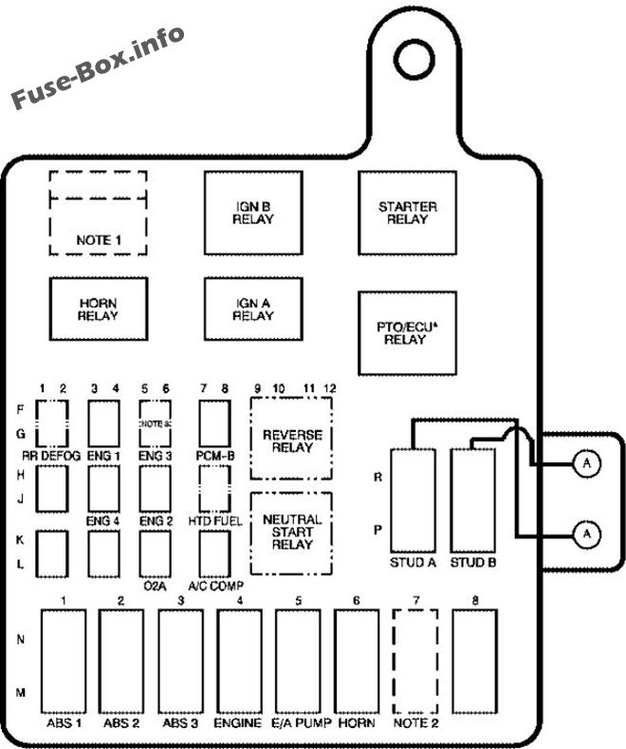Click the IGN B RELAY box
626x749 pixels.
tap(253, 213)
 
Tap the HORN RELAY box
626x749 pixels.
tap(98, 309)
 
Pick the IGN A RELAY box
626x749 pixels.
tap(253, 309)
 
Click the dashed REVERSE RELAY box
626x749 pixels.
tap(292, 440)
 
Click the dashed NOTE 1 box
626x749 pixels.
tap(98, 213)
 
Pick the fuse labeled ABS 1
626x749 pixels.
tap(63, 661)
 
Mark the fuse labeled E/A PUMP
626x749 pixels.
tap(298, 661)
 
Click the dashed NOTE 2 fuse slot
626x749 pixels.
tap(415, 661)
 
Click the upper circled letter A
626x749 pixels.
tap(587, 463)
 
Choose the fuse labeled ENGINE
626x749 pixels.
tap(239, 661)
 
